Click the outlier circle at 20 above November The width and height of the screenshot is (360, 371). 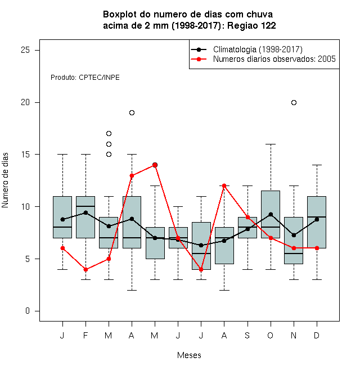[x=294, y=102]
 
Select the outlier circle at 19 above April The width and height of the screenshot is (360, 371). [x=132, y=112]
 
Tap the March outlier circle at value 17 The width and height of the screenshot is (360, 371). [x=109, y=133]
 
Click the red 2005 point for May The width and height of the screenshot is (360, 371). [x=155, y=165]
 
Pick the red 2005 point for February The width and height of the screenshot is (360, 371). [x=85, y=269]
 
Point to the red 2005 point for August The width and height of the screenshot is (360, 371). [x=224, y=185]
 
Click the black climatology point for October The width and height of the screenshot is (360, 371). [x=271, y=214]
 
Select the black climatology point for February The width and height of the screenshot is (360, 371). [x=85, y=212]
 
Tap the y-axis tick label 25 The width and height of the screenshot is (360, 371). [x=25, y=50]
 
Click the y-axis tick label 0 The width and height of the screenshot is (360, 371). [x=28, y=311]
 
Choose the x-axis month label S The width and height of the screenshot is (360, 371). [x=247, y=335]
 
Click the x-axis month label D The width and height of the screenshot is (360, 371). [x=317, y=335]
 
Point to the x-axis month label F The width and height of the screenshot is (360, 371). [x=85, y=335]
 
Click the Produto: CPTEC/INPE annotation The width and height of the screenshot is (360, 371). [x=85, y=78]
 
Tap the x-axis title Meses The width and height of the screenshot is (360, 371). [x=189, y=355]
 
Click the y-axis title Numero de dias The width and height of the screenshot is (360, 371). [x=5, y=180]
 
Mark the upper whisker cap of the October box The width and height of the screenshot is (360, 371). [x=271, y=144]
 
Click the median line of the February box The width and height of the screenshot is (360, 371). [x=85, y=206]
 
